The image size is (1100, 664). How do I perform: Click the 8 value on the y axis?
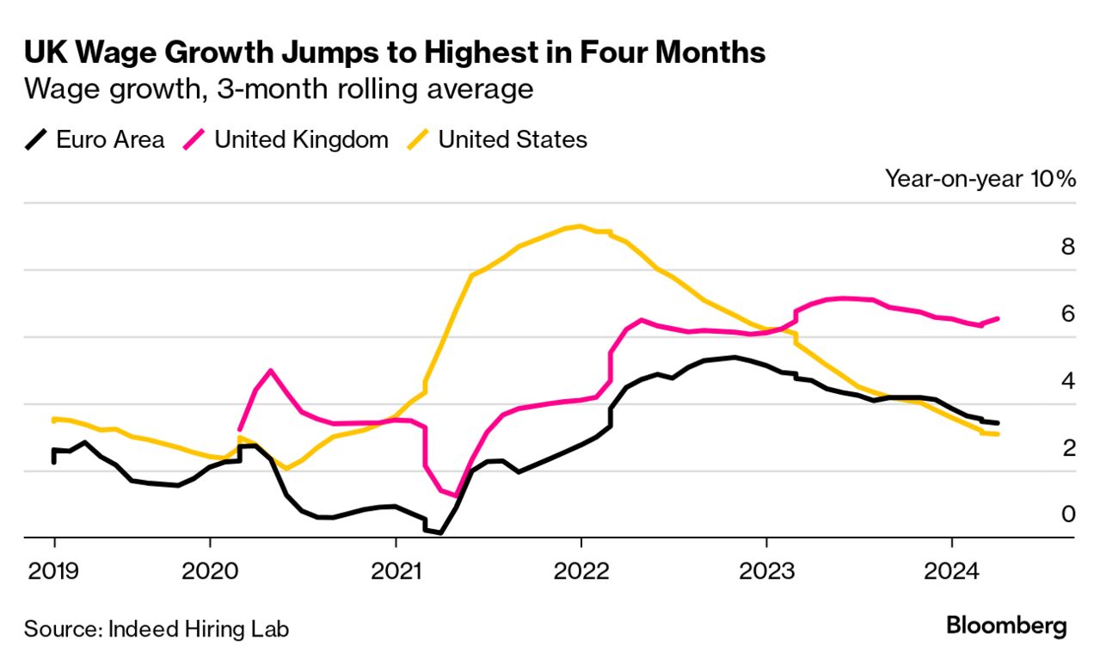point(1068,247)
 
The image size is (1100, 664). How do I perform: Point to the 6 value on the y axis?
point(1068,314)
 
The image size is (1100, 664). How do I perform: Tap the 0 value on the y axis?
point(1068,514)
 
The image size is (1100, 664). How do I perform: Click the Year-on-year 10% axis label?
point(980,179)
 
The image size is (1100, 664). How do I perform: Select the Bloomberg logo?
point(1006,626)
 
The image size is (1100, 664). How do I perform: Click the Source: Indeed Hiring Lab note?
point(157,629)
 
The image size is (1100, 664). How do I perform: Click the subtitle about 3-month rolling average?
point(279,89)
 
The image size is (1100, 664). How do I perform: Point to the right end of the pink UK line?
point(997,318)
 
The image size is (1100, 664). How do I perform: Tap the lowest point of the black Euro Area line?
point(440,532)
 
